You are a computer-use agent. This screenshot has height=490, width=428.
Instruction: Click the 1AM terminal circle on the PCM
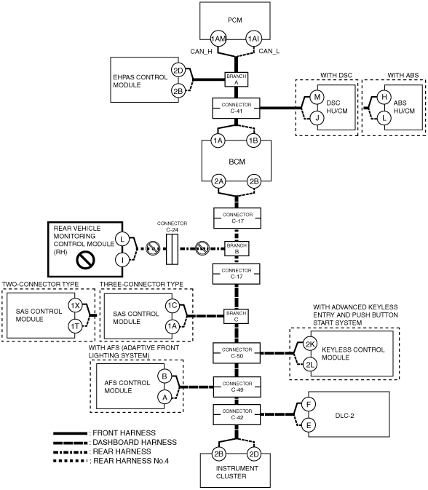pyautogui.click(x=218, y=39)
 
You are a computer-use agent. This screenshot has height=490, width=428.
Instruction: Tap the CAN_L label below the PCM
pyautogui.click(x=269, y=51)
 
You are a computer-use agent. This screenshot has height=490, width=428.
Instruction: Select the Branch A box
pyautogui.click(x=237, y=79)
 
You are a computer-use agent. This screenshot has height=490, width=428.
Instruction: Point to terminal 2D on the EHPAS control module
pyautogui.click(x=178, y=71)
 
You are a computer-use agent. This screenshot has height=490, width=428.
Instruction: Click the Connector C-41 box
pyautogui.click(x=236, y=108)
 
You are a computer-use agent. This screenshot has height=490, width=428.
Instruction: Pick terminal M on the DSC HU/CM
pyautogui.click(x=317, y=97)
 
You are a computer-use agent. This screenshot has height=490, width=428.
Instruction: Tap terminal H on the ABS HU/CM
pyautogui.click(x=384, y=97)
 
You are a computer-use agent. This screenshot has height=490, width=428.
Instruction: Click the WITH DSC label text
pyautogui.click(x=336, y=75)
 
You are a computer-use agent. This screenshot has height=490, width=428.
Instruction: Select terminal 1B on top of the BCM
pyautogui.click(x=253, y=141)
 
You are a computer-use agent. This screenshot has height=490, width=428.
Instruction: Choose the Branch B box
pyautogui.click(x=237, y=248)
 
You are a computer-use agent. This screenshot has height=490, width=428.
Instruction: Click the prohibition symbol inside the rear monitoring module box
pyautogui.click(x=86, y=260)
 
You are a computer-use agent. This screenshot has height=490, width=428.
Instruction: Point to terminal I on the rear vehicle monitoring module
pyautogui.click(x=122, y=260)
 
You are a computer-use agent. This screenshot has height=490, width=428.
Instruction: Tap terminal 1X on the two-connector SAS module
pyautogui.click(x=75, y=306)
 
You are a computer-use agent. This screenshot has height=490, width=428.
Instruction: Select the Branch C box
pyautogui.click(x=236, y=316)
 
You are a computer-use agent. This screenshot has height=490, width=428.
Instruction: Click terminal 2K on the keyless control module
pyautogui.click(x=310, y=344)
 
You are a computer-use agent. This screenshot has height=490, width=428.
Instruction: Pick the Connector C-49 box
pyautogui.click(x=237, y=387)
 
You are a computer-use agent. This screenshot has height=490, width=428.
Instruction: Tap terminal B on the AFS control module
pyautogui.click(x=165, y=376)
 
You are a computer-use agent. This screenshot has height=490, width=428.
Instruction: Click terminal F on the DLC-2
pyautogui.click(x=309, y=405)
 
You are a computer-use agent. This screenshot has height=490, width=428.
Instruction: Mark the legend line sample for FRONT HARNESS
pyautogui.click(x=71, y=433)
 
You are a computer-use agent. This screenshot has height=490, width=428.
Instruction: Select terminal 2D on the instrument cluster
pyautogui.click(x=254, y=454)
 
